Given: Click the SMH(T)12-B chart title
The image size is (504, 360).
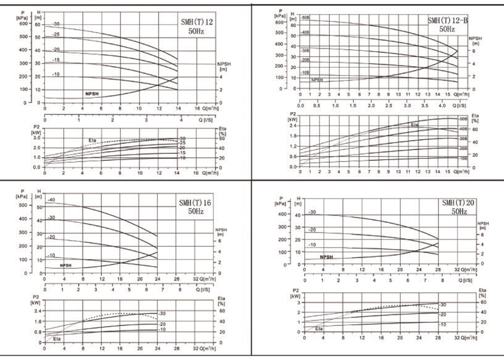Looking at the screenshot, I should (x=448, y=21).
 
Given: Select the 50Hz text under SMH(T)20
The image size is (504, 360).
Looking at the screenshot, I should (x=459, y=212).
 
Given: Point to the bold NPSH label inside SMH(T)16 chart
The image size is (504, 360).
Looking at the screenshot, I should (x=66, y=265).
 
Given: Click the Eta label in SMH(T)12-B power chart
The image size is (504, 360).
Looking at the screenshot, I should (x=414, y=125).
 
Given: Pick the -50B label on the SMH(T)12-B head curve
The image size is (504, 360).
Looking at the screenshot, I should (x=306, y=18).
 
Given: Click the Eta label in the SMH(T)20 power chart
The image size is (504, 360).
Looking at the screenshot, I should (x=318, y=329).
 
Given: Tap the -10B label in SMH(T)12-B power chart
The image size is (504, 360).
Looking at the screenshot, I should (x=463, y=159).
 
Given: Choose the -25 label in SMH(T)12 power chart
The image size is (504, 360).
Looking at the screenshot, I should (x=182, y=143).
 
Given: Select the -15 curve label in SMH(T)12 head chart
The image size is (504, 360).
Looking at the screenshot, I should (x=56, y=60).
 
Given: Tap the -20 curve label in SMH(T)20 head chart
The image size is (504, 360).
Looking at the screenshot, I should (x=312, y=230).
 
